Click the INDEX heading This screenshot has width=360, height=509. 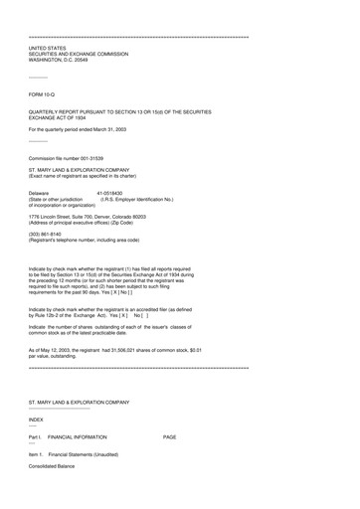tap(36, 421)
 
